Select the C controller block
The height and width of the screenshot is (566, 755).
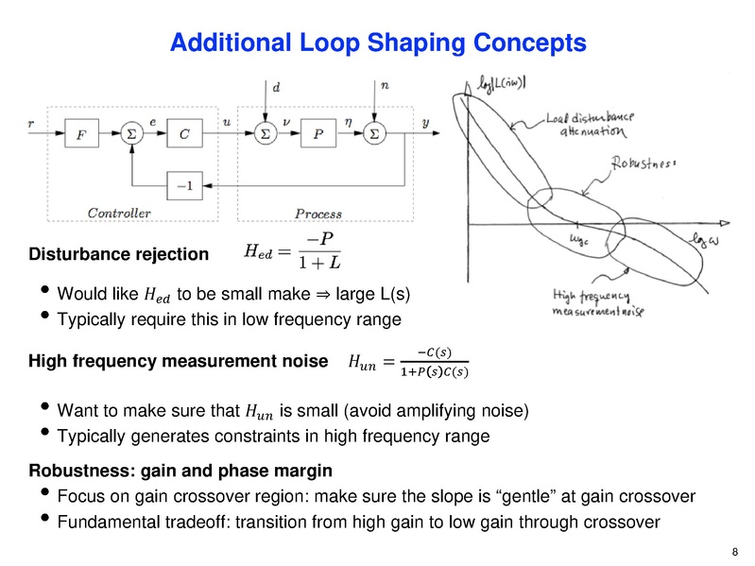183,135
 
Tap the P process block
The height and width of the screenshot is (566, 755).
317,135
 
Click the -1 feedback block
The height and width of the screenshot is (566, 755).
183,184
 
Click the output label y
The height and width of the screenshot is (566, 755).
425,123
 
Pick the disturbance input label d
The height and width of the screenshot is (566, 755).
276,87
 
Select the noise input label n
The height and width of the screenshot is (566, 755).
384,86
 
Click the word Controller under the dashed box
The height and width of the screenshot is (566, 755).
119,214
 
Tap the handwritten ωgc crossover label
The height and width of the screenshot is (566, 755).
578,244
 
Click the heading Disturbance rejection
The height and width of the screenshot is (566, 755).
119,254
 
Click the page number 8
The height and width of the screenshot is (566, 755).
735,553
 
